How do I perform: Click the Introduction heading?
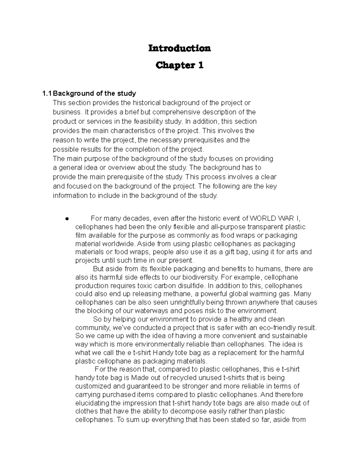click(179, 48)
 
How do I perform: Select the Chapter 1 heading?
click(179, 65)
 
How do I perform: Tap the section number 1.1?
click(47, 94)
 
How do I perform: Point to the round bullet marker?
click(67, 219)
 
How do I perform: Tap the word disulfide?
click(190, 285)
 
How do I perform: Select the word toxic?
click(146, 285)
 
